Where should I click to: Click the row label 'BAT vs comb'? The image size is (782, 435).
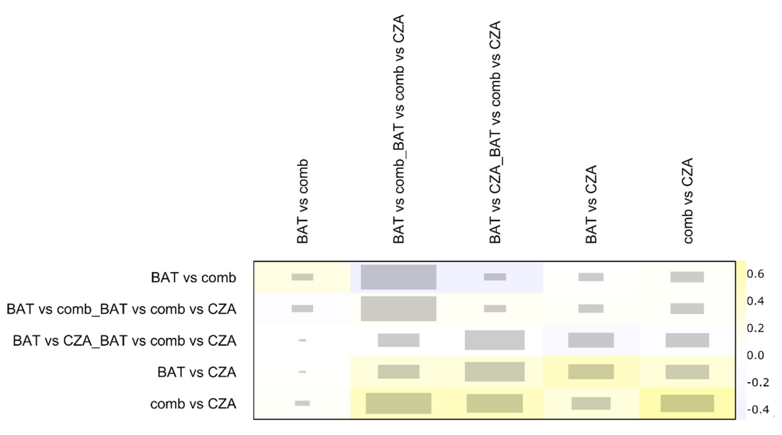[x=193, y=278]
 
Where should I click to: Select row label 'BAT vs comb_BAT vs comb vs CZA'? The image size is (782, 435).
[x=121, y=309]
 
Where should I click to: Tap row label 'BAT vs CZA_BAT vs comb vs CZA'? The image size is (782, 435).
[x=124, y=341]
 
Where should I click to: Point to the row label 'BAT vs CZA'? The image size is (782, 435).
[x=197, y=372]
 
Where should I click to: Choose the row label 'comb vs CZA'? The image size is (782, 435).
[x=193, y=404]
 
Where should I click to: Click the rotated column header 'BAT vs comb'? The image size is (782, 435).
[x=302, y=201]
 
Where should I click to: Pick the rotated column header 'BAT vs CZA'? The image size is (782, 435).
[x=591, y=204]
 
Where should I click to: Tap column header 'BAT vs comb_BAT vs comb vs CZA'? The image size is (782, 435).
[x=399, y=129]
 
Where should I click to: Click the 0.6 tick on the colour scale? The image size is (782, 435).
[x=755, y=274]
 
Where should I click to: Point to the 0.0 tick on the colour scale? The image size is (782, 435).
[x=755, y=355]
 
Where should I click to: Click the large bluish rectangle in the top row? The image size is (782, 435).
[x=398, y=277]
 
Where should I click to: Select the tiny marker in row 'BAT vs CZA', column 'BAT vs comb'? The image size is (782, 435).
[x=302, y=371]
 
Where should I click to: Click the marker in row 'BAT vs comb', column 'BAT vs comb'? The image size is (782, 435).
[x=302, y=277]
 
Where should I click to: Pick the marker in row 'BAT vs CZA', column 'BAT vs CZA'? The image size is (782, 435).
[x=591, y=371]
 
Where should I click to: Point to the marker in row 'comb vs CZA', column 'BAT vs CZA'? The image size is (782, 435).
[x=591, y=403]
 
